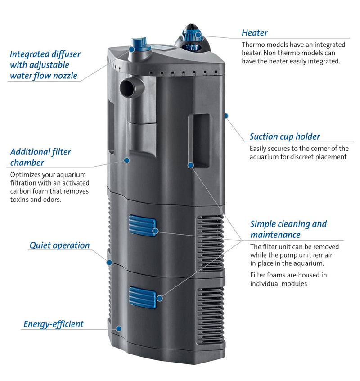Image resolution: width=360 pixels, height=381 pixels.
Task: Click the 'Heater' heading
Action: (255, 32)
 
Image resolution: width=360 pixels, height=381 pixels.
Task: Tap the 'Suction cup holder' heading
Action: (285, 136)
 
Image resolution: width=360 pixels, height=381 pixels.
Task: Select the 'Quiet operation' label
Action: (59, 245)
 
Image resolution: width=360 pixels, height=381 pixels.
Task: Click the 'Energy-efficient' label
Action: (54, 324)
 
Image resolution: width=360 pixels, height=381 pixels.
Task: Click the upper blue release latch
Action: (142, 225)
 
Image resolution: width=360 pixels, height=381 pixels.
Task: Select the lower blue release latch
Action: (142, 297)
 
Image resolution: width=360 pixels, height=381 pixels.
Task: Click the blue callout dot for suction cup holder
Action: (226, 116)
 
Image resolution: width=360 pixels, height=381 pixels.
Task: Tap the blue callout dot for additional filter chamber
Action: (127, 160)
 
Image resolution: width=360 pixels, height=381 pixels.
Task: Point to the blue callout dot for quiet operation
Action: (108, 262)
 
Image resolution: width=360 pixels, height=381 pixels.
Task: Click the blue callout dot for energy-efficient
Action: (118, 328)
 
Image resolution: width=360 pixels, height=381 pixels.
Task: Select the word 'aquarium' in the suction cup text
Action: (268, 157)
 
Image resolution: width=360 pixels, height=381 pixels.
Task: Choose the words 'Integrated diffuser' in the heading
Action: (45, 54)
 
